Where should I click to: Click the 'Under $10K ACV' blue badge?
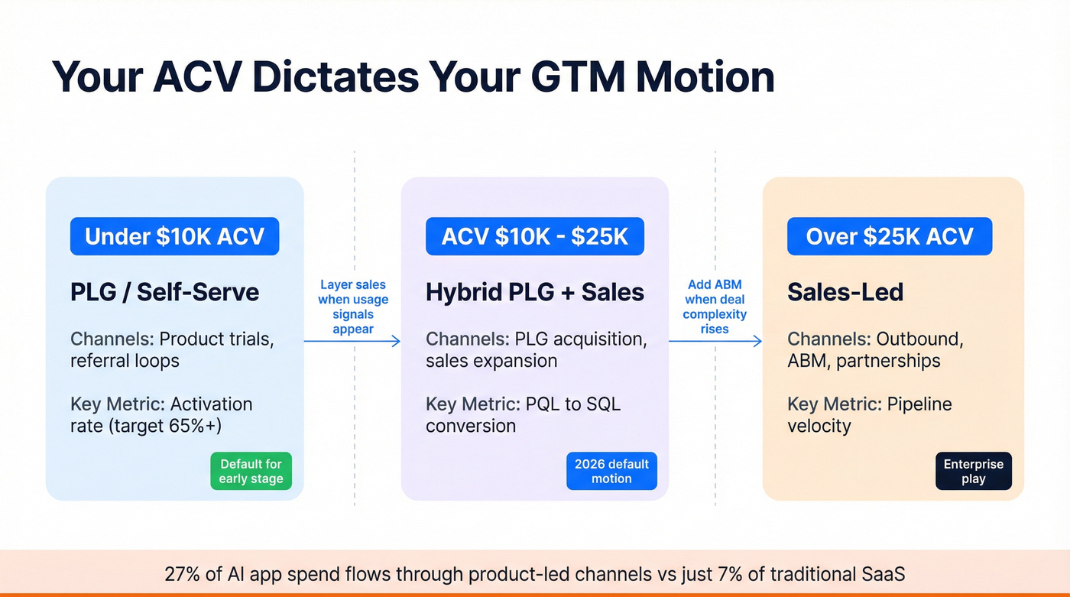coord(174,236)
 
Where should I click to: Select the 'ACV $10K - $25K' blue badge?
coord(535,236)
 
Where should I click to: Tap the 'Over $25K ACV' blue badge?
coord(890,236)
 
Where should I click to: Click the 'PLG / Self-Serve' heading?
coord(165,292)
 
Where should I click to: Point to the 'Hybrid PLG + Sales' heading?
coord(535,292)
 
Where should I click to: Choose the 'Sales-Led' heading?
coord(845,292)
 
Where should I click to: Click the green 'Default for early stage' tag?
coord(251,472)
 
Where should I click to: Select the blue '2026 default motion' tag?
coord(611,472)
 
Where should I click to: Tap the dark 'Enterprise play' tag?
coord(974,472)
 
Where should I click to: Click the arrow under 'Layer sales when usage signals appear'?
coord(352,341)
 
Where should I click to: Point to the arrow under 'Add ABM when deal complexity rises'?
coord(715,341)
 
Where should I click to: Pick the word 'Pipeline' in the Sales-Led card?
coord(919,404)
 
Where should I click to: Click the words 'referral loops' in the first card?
coord(125,361)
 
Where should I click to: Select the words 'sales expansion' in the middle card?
coord(491,361)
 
